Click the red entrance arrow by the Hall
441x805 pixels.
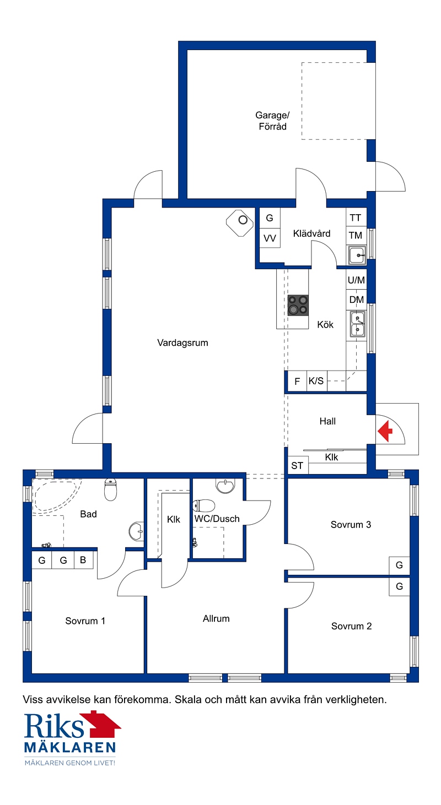click(x=385, y=431)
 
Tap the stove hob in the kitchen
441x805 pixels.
click(x=298, y=305)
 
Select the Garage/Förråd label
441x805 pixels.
click(x=272, y=121)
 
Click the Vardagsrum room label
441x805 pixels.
click(x=182, y=342)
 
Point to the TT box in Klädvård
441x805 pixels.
click(x=356, y=218)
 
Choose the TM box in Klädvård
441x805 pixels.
click(x=356, y=236)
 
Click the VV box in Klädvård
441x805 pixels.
click(x=270, y=238)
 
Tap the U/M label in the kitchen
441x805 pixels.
click(x=356, y=280)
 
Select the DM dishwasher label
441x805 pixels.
click(x=357, y=300)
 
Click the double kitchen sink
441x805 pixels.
click(x=357, y=324)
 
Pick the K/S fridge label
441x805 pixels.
click(x=316, y=380)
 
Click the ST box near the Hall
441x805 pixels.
click(x=297, y=465)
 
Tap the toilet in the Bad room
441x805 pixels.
click(x=110, y=489)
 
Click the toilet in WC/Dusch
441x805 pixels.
click(x=203, y=505)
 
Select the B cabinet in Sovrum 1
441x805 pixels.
click(x=83, y=560)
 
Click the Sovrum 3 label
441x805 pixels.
click(x=351, y=525)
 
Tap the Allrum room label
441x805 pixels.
click(x=216, y=618)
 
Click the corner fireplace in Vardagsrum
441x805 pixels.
click(x=240, y=223)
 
